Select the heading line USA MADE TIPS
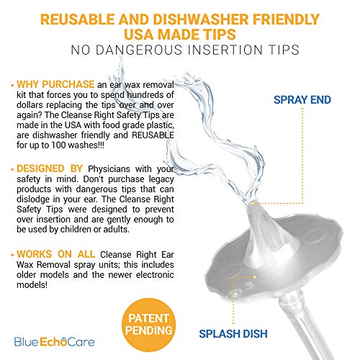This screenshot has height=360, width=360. (180, 33)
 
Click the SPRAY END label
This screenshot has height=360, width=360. (302, 100)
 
